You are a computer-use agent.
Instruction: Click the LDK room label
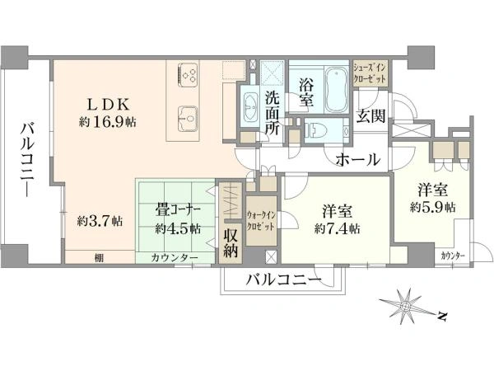108,105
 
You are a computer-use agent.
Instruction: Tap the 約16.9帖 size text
107,122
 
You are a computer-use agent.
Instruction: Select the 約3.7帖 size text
100,221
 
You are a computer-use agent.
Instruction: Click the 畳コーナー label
178,210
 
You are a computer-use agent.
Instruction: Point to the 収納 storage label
231,242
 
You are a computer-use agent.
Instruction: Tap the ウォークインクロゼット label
261,221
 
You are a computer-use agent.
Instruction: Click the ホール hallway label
358,160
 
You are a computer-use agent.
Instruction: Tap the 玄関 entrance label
370,115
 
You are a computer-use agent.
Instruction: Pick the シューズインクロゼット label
369,73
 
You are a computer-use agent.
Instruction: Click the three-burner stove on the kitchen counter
188,75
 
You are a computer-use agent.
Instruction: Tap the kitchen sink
188,118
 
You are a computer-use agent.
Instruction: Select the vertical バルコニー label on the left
27,160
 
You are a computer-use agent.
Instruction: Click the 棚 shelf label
99,258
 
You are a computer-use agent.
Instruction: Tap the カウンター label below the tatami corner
175,258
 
